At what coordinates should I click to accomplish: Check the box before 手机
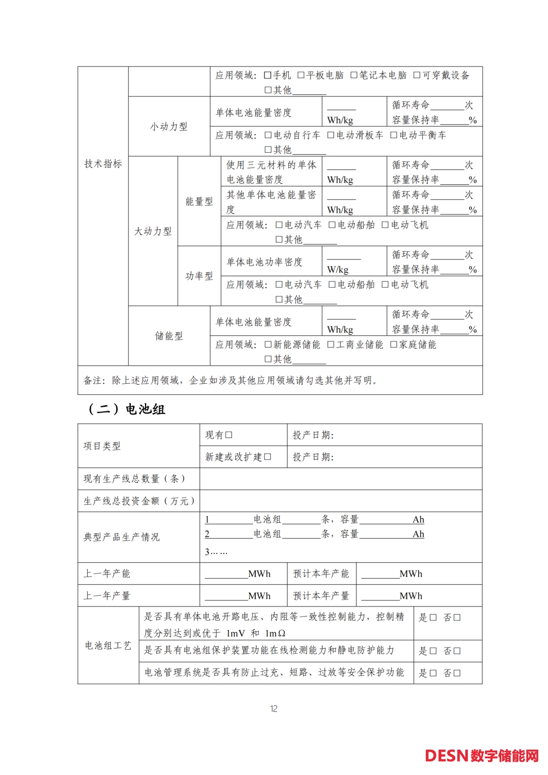pyautogui.click(x=268, y=76)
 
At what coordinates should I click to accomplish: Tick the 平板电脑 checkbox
pyautogui.click(x=301, y=76)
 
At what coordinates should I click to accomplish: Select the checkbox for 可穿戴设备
pyautogui.click(x=417, y=76)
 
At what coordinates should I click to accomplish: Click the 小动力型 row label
pyautogui.click(x=169, y=126)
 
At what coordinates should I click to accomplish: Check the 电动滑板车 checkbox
pyautogui.click(x=331, y=136)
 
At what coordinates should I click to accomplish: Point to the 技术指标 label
pyautogui.click(x=103, y=163)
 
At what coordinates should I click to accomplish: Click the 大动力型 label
pyautogui.click(x=153, y=231)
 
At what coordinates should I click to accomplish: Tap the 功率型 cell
pyautogui.click(x=199, y=276)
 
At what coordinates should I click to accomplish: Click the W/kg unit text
pyautogui.click(x=338, y=269)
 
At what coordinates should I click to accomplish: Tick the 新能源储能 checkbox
pyautogui.click(x=268, y=345)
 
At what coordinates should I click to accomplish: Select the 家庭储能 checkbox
pyautogui.click(x=394, y=345)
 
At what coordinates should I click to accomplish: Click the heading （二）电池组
pyautogui.click(x=127, y=409)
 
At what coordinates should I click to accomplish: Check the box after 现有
pyautogui.click(x=229, y=435)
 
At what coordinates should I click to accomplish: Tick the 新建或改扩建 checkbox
pyautogui.click(x=267, y=457)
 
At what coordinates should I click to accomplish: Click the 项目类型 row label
pyautogui.click(x=102, y=446)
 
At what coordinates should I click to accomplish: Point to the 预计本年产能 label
pyautogui.click(x=321, y=574)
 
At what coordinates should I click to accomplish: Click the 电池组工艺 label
pyautogui.click(x=108, y=646)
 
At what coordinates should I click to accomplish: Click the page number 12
pyautogui.click(x=274, y=709)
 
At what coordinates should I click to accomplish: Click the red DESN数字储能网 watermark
pyautogui.click(x=482, y=756)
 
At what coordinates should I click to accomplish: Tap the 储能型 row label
pyautogui.click(x=169, y=336)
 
